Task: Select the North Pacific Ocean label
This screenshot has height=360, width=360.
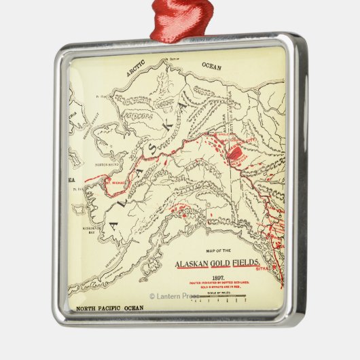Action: [109, 308]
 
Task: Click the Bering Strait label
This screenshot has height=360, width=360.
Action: [90, 126]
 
